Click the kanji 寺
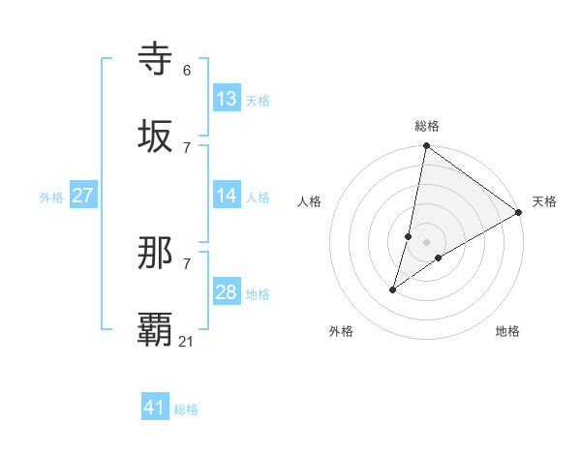[155, 59]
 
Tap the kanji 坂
[155, 136]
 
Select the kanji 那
[155, 254]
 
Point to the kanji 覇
[155, 329]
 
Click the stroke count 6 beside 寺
[187, 71]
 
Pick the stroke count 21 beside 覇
[187, 341]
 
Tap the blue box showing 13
[227, 99]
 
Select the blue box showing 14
[227, 196]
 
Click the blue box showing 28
[227, 292]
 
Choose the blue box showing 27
[82, 196]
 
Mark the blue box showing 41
[155, 408]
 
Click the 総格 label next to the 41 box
[186, 409]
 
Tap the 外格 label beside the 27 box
[51, 197]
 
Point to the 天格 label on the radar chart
[544, 201]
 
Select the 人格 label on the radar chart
[310, 201]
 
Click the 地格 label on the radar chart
[507, 331]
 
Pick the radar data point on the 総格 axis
[427, 147]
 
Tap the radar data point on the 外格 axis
[393, 289]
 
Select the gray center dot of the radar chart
[427, 242]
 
